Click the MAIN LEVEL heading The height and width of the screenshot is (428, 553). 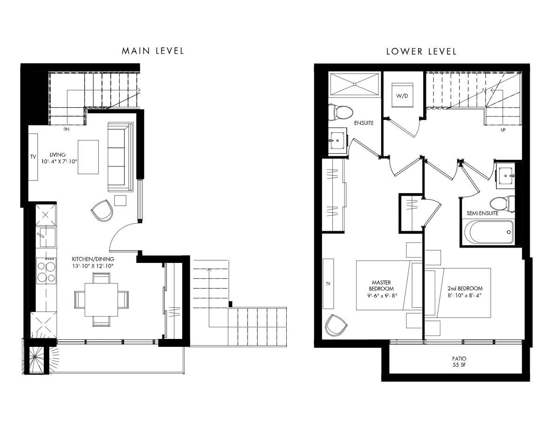(153, 51)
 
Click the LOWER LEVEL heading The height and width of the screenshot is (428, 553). (421, 52)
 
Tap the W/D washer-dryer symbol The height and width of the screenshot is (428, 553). (402, 96)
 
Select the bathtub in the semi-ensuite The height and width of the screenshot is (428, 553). (489, 232)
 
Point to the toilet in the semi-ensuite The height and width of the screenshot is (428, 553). (502, 204)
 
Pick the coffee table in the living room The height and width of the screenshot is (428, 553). (88, 157)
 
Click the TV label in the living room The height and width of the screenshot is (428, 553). (33, 157)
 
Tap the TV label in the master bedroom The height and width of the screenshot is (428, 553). (328, 283)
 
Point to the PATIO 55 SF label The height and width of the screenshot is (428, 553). (459, 362)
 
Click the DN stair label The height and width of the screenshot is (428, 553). (66, 129)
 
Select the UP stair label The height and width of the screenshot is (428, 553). (503, 130)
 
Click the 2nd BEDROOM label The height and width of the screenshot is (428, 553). (465, 289)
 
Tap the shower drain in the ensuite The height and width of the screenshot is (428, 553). (354, 84)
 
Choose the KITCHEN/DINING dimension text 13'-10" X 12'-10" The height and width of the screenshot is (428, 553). (93, 266)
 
